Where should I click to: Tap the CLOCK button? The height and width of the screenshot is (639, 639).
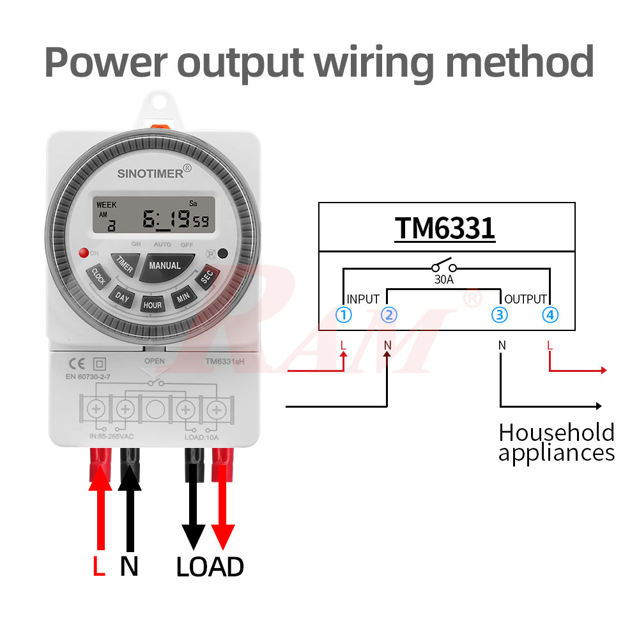coord(98,277)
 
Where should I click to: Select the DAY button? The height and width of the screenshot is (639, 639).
coord(121,297)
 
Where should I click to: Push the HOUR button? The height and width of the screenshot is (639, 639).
coord(152,305)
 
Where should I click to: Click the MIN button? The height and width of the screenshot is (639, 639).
coord(183,297)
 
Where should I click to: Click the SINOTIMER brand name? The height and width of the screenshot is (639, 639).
coord(150,173)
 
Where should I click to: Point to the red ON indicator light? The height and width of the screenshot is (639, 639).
coord(82,253)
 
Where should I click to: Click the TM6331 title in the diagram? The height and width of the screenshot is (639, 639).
coord(445,228)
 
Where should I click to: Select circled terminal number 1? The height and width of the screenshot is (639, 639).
coord(344,314)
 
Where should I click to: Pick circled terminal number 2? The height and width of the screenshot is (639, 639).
coord(389,314)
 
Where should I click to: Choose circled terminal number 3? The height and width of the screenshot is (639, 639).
coord(500,314)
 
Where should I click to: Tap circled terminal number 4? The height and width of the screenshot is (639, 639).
coord(550,314)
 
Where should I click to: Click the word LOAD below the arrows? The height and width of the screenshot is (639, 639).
coord(210,567)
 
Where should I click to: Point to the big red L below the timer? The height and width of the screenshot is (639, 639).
coord(98,566)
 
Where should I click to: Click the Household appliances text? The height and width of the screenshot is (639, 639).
coord(556,442)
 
